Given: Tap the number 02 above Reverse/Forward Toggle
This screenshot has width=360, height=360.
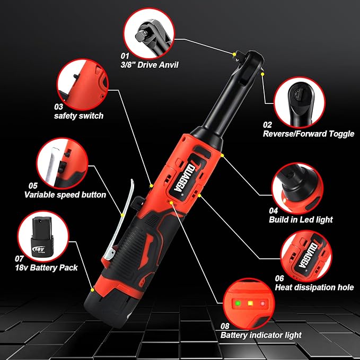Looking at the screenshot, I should tap(267, 125).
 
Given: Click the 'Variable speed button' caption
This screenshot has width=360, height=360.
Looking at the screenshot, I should tap(65, 195).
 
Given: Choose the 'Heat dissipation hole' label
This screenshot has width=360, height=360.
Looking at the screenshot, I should tap(314, 287).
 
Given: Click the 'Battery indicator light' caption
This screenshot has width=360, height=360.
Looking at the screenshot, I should tap(261, 335).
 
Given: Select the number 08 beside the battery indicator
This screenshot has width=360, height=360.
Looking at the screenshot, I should tap(226, 325).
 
